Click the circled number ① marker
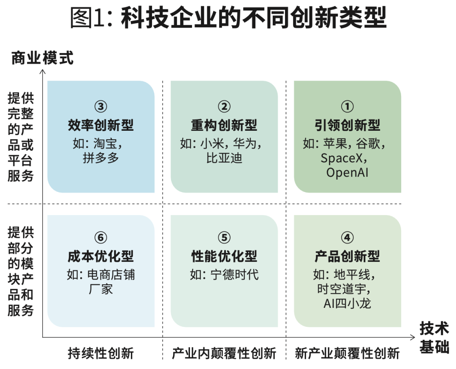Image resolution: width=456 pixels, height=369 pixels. pos(347,107)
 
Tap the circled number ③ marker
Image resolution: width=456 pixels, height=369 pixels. pos(100,107)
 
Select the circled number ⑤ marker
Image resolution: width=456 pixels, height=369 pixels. pos(224,238)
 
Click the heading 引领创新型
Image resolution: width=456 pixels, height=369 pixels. pos(347,125)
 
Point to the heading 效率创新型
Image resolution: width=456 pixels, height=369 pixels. pos(100,125)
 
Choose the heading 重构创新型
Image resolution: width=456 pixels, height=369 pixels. pos(224,125)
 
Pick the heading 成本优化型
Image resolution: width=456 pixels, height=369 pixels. pos(100,256)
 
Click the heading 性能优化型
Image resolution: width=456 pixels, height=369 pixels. pos(224,256)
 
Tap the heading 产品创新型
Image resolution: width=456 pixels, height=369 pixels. pos(347,256)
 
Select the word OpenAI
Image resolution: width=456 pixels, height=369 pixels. pos(347,173)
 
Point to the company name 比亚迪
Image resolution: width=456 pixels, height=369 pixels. pos(224,158)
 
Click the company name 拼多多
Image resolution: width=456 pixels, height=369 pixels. pos(101,158)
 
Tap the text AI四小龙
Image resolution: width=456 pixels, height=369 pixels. pos(347,304)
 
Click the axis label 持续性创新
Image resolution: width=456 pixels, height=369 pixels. pos(100,353)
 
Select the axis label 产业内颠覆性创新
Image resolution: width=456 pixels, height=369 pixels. pos(224,353)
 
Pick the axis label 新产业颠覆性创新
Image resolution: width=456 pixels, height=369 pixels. pos(347,353)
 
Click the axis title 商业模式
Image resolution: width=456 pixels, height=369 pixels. pos(42,58)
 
